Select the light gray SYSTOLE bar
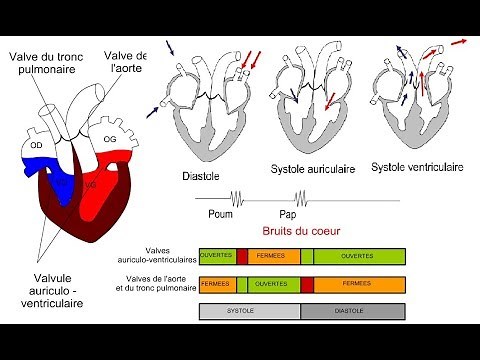point(250,311)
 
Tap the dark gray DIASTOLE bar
point(354,311)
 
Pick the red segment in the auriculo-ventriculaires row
point(242,256)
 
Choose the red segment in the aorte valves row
point(307,284)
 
